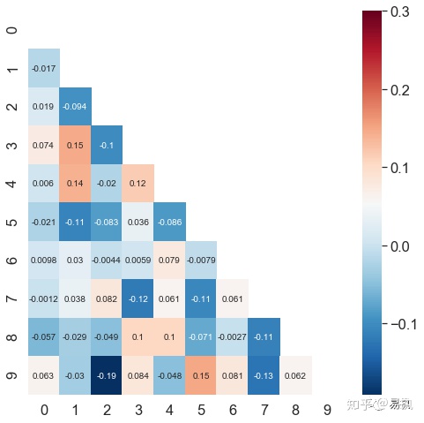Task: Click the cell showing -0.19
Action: [107, 374]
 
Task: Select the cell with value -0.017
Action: [44, 68]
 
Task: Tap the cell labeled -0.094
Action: [76, 106]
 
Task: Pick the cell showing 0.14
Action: [76, 183]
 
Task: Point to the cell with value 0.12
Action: [138, 183]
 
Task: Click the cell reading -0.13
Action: [264, 374]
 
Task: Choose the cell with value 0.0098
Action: [44, 260]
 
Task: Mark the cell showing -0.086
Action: [170, 222]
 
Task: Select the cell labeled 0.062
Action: [296, 374]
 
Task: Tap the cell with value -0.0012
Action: [44, 298]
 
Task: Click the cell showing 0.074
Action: [44, 145]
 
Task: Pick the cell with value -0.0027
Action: [233, 336]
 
